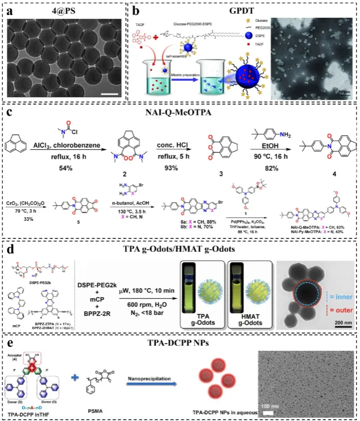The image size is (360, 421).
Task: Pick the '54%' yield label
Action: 71,167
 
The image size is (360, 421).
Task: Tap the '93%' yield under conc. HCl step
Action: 174,167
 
